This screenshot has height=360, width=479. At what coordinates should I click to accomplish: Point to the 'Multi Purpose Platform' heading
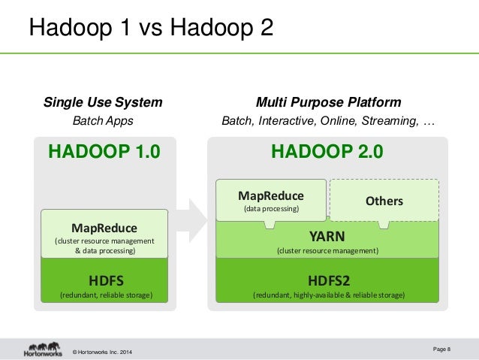pos(328,102)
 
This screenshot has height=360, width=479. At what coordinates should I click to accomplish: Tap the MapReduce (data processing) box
pos(271,199)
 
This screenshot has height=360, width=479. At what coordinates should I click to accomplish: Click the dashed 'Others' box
pos(384,201)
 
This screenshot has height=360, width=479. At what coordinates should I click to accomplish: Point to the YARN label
pos(327,235)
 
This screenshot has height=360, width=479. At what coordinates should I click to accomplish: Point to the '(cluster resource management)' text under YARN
pos(328,250)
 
